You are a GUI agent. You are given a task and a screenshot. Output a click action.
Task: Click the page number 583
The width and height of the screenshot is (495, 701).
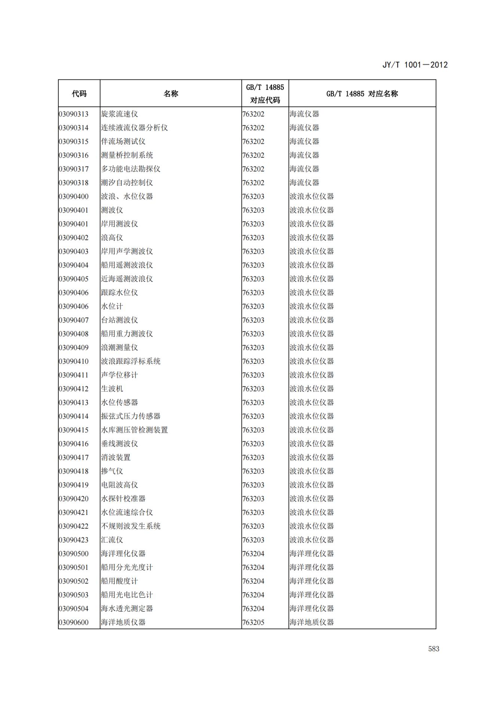click(434, 649)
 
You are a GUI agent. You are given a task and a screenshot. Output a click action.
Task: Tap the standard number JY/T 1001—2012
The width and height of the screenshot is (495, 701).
click(415, 65)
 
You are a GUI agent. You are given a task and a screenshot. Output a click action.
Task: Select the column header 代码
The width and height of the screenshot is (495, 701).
click(79, 94)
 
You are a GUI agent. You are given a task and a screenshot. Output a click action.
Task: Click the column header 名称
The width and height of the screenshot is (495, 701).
click(171, 94)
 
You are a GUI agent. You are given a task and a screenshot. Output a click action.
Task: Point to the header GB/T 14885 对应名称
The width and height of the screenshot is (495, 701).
click(362, 94)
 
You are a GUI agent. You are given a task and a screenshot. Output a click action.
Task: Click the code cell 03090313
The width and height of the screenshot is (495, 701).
click(74, 114)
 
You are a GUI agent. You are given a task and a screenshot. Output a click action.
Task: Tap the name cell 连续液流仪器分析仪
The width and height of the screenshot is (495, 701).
click(134, 128)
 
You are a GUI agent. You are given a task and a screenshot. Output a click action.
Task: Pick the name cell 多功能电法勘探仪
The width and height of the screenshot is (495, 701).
click(131, 169)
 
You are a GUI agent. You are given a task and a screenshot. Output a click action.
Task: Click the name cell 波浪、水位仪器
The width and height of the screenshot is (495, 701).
click(127, 196)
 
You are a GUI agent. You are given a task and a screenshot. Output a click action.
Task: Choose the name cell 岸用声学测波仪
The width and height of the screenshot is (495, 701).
click(127, 251)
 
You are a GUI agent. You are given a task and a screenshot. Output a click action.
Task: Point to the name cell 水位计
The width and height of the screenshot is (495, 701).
click(112, 306)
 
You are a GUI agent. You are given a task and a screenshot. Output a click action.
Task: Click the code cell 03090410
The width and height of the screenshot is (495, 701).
click(74, 362)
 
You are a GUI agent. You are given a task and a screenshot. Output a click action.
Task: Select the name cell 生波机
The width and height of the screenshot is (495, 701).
click(112, 389)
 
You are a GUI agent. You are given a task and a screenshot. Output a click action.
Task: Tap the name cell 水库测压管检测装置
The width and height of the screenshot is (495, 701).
click(134, 430)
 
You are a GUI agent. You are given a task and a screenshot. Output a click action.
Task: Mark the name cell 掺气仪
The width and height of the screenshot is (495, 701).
click(112, 471)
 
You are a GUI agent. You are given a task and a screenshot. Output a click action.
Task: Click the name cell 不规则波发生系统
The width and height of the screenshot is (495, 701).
click(131, 526)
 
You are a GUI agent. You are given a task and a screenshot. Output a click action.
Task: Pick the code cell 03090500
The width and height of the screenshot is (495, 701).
click(74, 554)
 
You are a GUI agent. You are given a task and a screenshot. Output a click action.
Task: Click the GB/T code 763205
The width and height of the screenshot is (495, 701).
click(253, 622)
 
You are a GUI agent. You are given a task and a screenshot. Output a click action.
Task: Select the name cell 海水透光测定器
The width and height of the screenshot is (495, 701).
click(127, 609)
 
